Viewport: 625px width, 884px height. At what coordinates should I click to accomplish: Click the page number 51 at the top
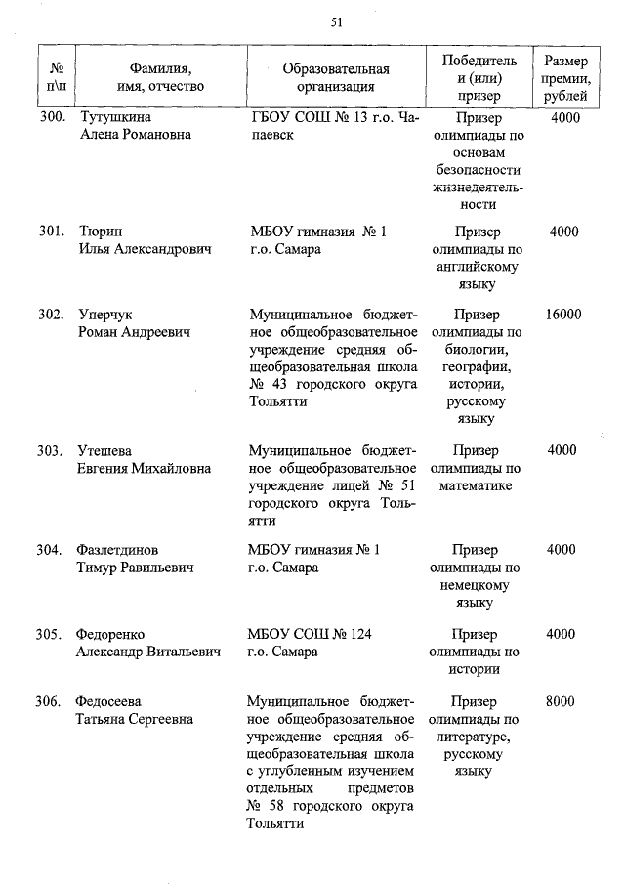[337, 21]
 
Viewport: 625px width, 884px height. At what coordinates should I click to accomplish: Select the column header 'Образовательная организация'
[335, 77]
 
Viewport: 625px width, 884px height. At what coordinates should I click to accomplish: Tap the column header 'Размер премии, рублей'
[563, 78]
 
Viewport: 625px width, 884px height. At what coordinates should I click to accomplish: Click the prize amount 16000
[563, 315]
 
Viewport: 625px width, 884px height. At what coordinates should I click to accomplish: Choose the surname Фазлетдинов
[118, 550]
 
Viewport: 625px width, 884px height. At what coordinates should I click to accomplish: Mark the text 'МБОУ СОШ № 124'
[310, 634]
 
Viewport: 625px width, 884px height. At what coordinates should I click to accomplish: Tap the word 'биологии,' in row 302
[477, 350]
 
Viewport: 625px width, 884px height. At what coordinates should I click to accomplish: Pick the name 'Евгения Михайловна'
[144, 469]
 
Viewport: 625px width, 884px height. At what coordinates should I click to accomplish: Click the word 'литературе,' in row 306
[477, 737]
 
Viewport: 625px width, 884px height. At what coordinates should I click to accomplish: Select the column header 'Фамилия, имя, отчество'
[160, 77]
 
